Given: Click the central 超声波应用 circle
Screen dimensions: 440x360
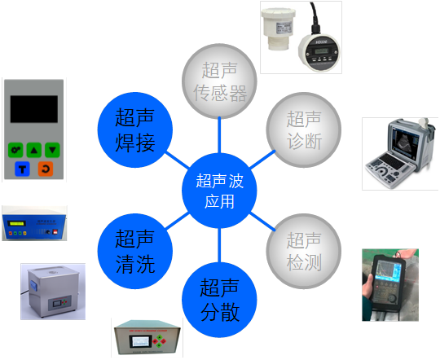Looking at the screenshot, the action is click(219, 191).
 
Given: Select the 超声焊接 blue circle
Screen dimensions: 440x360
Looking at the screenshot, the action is click(135, 130).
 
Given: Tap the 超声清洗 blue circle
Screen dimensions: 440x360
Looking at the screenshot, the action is click(135, 251).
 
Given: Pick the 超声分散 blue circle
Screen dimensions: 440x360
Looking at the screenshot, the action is click(219, 300).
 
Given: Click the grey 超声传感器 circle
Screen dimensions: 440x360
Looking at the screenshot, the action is click(219, 81).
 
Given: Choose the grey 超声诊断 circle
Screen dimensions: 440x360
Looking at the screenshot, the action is click(304, 130).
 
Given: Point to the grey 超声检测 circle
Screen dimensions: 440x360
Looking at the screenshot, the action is click(304, 251).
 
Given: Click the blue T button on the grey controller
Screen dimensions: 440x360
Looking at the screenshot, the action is click(22, 169).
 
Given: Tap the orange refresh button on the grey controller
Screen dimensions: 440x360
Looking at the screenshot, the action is click(46, 169).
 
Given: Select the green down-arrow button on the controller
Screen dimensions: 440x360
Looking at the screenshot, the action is click(52, 150).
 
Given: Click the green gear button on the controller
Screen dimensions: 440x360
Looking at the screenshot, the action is click(15, 150).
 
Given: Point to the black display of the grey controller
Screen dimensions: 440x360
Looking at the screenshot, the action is click(34, 109).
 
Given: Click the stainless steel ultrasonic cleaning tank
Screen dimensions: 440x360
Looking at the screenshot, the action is click(53, 292).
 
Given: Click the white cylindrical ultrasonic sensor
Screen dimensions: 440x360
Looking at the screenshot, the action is click(278, 29).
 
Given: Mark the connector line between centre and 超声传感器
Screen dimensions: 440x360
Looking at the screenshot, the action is click(219, 135).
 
